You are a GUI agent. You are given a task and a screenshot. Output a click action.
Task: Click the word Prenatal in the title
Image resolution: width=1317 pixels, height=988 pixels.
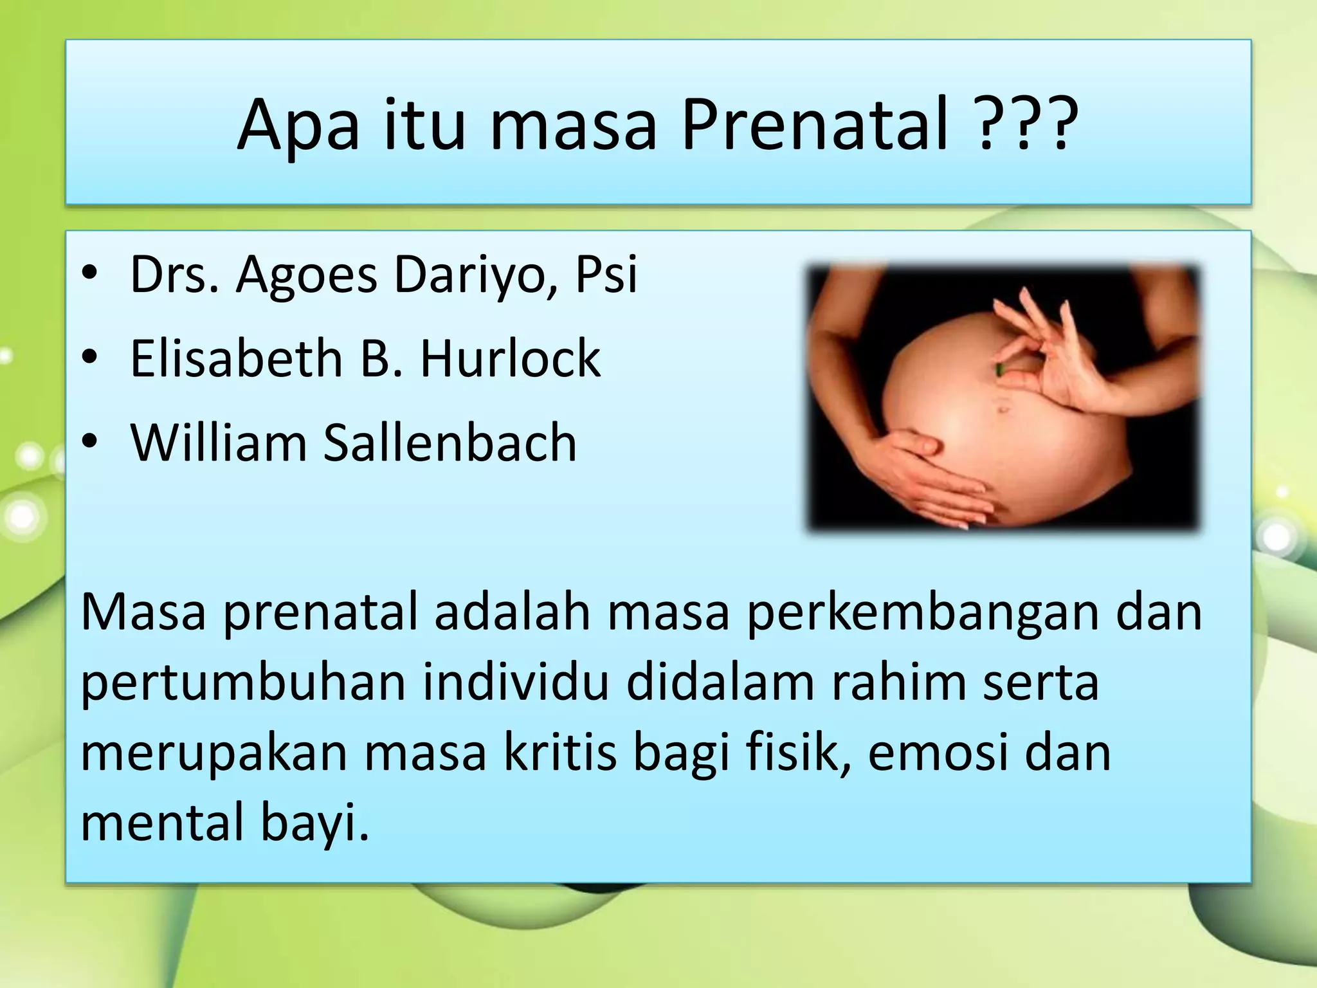[815, 124]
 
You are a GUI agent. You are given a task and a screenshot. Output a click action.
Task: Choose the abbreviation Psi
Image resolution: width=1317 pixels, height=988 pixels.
[606, 275]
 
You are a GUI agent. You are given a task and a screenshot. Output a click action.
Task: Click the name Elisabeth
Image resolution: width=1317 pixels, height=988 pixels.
[236, 358]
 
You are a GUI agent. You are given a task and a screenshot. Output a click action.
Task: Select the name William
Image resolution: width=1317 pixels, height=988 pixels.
[219, 443]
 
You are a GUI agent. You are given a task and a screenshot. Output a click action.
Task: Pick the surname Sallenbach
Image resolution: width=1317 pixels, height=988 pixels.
[450, 443]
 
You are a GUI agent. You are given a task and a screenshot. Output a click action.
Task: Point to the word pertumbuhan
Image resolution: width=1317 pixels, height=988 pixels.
[243, 682]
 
